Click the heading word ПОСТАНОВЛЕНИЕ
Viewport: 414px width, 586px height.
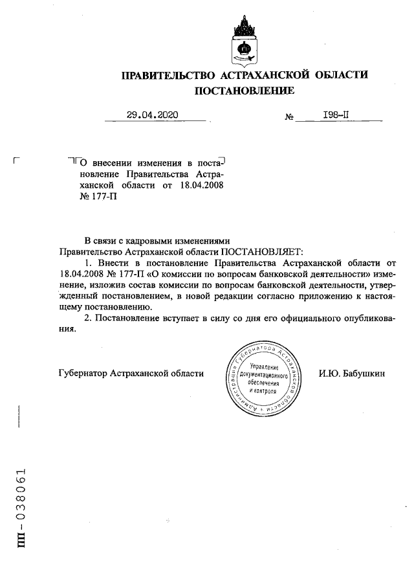pyautogui.click(x=245, y=91)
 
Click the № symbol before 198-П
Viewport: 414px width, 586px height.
pyautogui.click(x=289, y=118)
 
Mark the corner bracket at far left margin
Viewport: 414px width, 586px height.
pyautogui.click(x=17, y=160)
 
